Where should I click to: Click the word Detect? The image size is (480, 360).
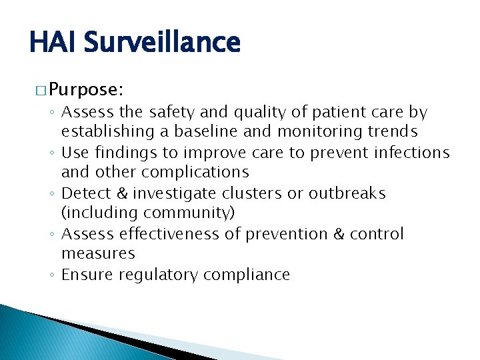click(x=83, y=193)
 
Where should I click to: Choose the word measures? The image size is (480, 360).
click(x=98, y=254)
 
